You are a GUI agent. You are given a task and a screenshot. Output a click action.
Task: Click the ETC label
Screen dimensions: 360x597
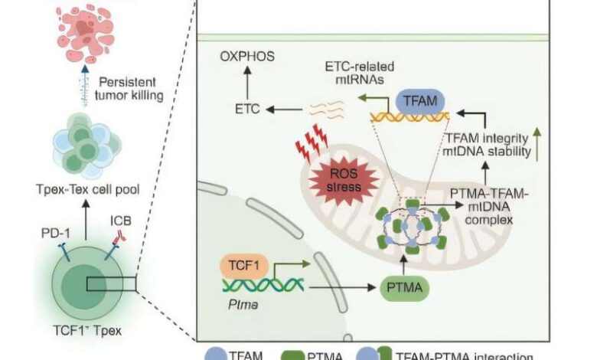click(244, 110)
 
